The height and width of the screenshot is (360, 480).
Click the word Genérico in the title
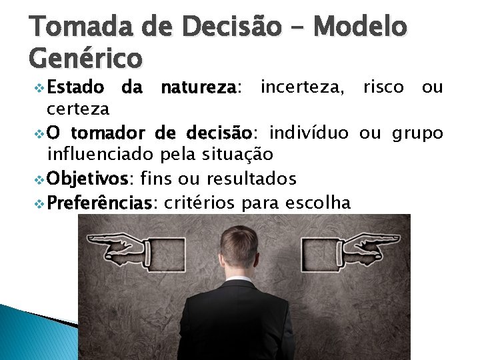pyautogui.click(x=86, y=57)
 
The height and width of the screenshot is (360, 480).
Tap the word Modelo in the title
pyautogui.click(x=360, y=27)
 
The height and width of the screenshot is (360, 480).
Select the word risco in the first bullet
pyautogui.click(x=383, y=87)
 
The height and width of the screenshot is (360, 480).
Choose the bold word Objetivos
pyautogui.click(x=90, y=179)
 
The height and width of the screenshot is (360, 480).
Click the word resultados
pyautogui.click(x=251, y=179)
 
